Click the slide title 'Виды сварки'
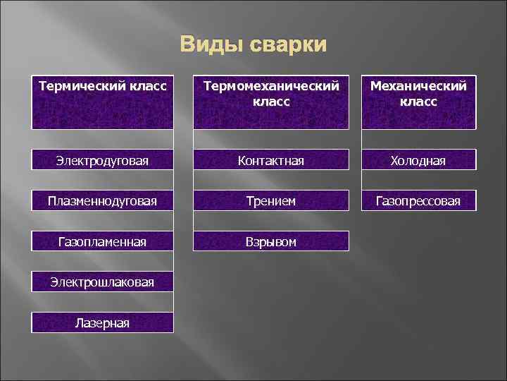point(254,44)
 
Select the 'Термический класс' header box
point(102,102)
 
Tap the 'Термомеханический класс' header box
point(271,102)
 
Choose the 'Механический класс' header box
point(418,102)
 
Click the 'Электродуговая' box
point(102,160)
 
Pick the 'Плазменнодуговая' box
point(102,201)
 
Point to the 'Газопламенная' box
point(102,241)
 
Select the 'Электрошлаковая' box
point(102,282)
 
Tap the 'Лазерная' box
point(102,322)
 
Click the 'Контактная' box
point(271,160)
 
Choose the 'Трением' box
point(271,201)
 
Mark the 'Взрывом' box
point(271,241)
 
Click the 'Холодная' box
point(418,160)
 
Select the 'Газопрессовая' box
point(418,201)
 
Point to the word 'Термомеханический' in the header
point(271,87)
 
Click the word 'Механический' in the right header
point(418,87)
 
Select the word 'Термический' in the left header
point(80,87)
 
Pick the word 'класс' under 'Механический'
point(418,102)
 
